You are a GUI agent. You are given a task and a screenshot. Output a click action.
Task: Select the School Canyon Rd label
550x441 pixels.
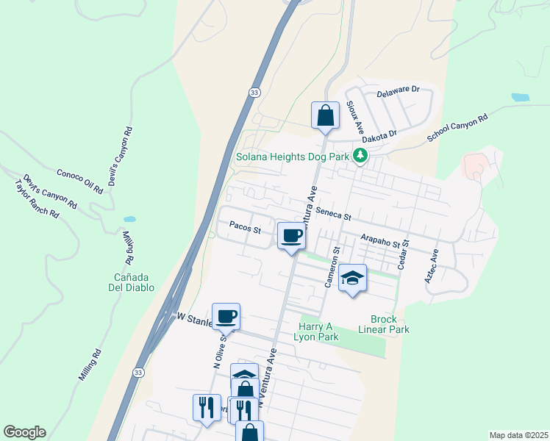[x=458, y=129]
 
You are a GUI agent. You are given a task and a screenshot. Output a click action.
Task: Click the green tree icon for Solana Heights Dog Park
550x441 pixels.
[x=360, y=155]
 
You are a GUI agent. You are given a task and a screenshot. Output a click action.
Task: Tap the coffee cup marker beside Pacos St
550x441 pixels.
[x=292, y=237]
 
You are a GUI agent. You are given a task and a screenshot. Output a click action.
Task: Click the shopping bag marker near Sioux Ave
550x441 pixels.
[x=325, y=115]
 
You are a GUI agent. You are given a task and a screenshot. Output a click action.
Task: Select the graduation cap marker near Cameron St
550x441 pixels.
[x=353, y=278]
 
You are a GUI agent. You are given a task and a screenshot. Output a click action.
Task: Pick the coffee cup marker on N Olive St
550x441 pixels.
[x=226, y=317]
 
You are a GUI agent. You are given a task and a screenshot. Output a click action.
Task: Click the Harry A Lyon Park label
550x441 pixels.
[x=318, y=331]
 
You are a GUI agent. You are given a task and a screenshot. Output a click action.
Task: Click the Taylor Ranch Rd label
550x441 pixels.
[x=36, y=200]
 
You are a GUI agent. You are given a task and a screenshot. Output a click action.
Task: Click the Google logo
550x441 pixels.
[x=24, y=432]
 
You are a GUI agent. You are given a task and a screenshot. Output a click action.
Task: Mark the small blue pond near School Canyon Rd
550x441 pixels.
[x=520, y=97]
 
